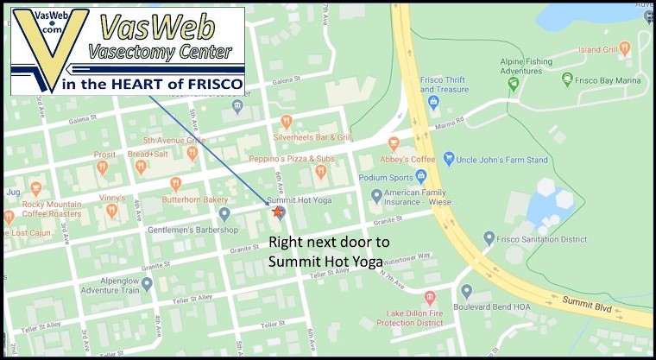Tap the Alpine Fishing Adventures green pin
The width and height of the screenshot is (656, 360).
pyautogui.click(x=514, y=84)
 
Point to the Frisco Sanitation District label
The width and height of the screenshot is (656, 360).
pyautogui.click(x=539, y=237)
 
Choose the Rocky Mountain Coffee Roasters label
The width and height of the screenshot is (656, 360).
pyautogui.click(x=54, y=210)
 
